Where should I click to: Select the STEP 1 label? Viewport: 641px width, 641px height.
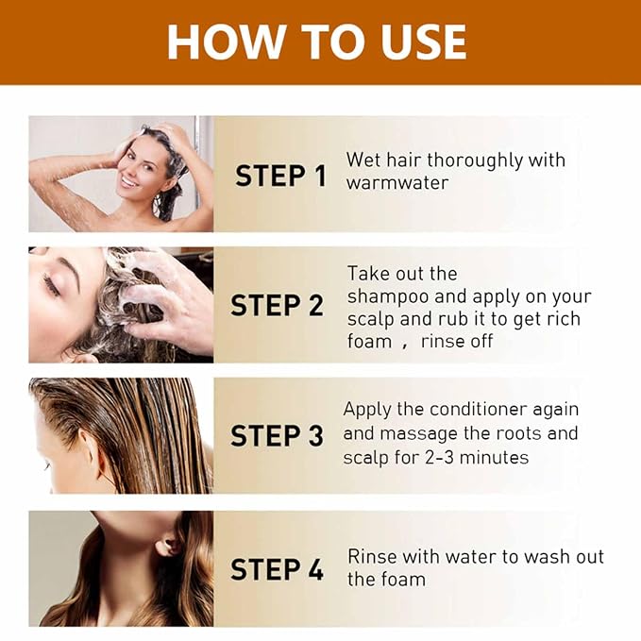pyautogui.click(x=280, y=176)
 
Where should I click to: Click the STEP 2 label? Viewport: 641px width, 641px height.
pyautogui.click(x=277, y=305)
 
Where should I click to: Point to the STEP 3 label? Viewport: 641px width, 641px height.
pyautogui.click(x=277, y=435)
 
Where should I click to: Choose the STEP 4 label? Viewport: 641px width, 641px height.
pyautogui.click(x=277, y=569)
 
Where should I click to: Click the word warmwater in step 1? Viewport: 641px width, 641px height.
pyautogui.click(x=397, y=183)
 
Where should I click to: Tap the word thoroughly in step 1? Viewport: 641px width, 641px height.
pyautogui.click(x=475, y=160)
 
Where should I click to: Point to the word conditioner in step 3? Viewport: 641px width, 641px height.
pyautogui.click(x=479, y=409)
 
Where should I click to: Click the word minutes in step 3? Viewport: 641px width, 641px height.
pyautogui.click(x=494, y=458)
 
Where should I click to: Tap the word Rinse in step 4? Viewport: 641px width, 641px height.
pyautogui.click(x=372, y=556)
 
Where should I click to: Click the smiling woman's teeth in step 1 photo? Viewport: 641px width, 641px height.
pyautogui.click(x=128, y=181)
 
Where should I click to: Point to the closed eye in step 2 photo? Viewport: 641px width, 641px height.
pyautogui.click(x=52, y=285)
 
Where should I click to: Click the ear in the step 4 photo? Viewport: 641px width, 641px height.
pyautogui.click(x=167, y=547)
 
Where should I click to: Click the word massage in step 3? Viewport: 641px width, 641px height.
pyautogui.click(x=418, y=434)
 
